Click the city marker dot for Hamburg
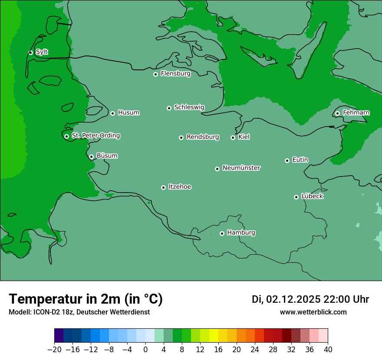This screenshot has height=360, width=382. point(222,233)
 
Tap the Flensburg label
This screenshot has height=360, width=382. point(175,74)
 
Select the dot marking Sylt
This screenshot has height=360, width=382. point(30,52)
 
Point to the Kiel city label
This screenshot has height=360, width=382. point(244,137)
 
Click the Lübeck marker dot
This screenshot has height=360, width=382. point(296,197)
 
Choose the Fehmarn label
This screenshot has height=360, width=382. point(356,113)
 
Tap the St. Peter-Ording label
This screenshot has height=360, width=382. point(95,136)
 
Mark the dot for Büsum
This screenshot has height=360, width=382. point(91,157)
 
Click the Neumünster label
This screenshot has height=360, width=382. point(241,168)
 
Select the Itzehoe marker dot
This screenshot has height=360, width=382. point(163,187)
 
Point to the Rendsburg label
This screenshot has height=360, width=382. point(203,137)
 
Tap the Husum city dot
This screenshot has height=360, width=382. point(112,113)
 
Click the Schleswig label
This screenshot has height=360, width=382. point(189,107)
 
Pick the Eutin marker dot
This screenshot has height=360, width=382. point(287,160)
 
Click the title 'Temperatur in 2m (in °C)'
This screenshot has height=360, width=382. point(86,299)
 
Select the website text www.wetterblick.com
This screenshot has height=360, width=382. point(313,312)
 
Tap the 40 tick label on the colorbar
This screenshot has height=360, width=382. point(328,350)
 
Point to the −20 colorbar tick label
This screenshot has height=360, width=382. point(54,350)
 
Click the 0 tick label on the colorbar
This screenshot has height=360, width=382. point(145,350)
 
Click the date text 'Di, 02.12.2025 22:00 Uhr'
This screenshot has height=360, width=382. point(310,299)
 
